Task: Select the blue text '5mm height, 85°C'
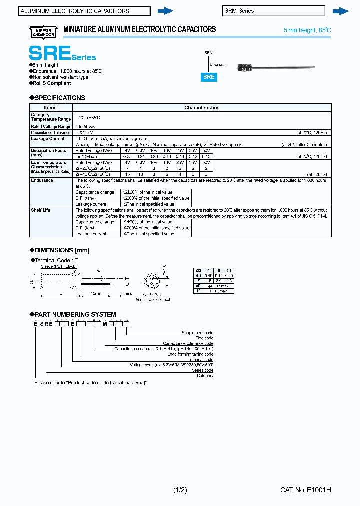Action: pos(307,30)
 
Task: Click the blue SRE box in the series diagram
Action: pos(209,77)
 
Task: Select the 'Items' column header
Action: pos(50,107)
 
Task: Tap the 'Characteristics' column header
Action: pos(202,107)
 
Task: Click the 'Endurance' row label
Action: pos(42,180)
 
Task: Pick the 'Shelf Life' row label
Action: pos(41,210)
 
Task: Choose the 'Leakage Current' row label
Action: pos(48,139)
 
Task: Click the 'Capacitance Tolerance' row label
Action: pos(51,133)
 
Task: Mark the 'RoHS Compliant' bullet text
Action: pos(52,83)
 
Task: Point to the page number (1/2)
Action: pos(180,490)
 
